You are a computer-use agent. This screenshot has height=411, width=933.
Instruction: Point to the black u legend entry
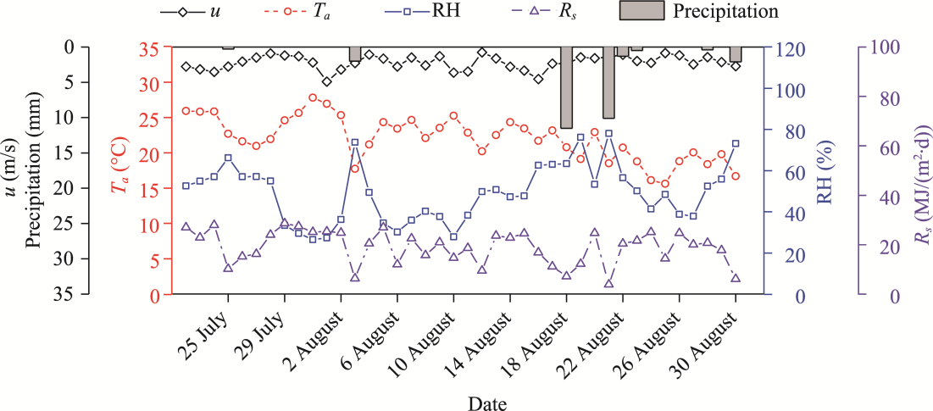203,12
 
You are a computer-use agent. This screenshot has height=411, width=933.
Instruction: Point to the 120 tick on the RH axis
786,48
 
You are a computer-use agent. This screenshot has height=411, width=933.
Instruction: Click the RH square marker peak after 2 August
355,142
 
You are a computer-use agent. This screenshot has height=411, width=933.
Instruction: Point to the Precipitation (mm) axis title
35,170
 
